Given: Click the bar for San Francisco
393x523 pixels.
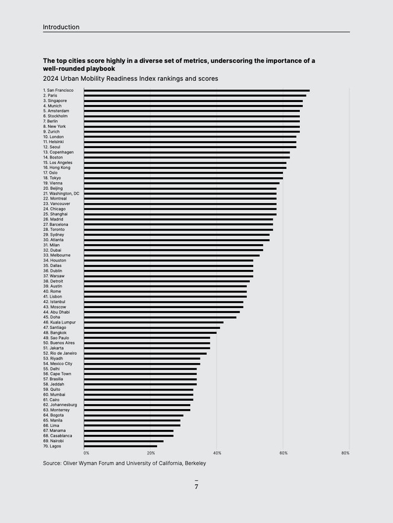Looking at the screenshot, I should [x=196, y=90].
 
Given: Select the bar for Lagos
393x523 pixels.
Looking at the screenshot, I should [x=120, y=446].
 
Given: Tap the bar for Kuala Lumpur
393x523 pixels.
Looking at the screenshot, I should [x=153, y=322].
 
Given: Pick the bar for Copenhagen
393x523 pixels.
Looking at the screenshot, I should [x=186, y=152].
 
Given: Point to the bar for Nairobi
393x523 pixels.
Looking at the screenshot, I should [x=124, y=441].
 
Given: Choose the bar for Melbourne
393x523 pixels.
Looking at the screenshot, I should [x=171, y=255].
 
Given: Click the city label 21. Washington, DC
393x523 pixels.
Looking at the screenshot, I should [x=61, y=194].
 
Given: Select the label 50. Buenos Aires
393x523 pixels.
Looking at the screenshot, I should [x=59, y=343].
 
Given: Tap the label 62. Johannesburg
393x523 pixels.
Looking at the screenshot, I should [x=60, y=405].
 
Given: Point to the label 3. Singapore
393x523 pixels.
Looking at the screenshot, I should [x=55, y=100].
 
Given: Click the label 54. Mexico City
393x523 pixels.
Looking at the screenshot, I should [x=58, y=364].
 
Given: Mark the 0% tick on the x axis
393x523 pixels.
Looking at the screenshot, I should [x=86, y=453].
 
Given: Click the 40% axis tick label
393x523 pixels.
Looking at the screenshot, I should [x=217, y=453].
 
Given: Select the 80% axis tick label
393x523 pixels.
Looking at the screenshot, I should [x=345, y=453].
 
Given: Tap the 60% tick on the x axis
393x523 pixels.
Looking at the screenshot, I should [x=284, y=453].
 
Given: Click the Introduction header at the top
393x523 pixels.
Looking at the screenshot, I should [x=61, y=27].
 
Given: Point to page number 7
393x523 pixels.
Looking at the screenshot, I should [x=196, y=487].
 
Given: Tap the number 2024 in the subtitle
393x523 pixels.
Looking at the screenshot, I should [x=52, y=79].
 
